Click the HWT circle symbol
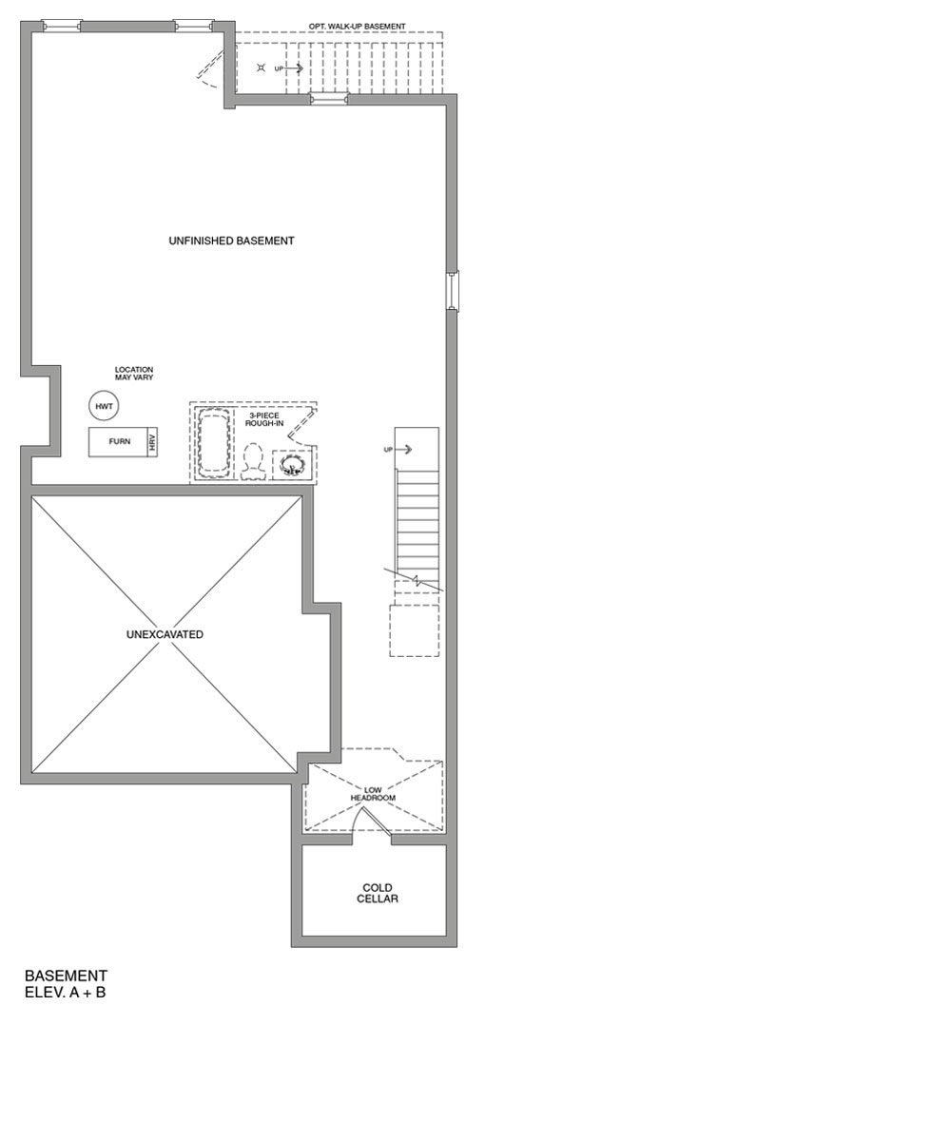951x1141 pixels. pyautogui.click(x=104, y=406)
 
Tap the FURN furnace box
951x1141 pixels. pyautogui.click(x=118, y=442)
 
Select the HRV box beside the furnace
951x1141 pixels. pyautogui.click(x=152, y=442)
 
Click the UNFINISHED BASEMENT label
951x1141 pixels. pyautogui.click(x=231, y=242)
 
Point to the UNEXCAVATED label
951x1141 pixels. pyautogui.click(x=165, y=634)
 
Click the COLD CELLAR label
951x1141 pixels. pyautogui.click(x=378, y=894)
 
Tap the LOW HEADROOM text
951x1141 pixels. pyautogui.click(x=373, y=794)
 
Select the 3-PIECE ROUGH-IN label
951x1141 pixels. pyautogui.click(x=264, y=419)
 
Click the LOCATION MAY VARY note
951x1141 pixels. pyautogui.click(x=134, y=374)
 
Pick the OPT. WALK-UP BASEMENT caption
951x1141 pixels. pyautogui.click(x=357, y=27)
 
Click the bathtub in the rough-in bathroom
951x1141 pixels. pyautogui.click(x=214, y=441)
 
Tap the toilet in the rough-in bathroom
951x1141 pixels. pyautogui.click(x=253, y=462)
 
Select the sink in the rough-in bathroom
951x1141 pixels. pyautogui.click(x=292, y=464)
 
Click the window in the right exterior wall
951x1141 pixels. pyautogui.click(x=454, y=291)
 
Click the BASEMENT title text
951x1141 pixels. pyautogui.click(x=66, y=976)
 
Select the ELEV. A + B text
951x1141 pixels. pyautogui.click(x=65, y=993)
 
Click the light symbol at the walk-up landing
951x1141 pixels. pyautogui.click(x=261, y=68)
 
